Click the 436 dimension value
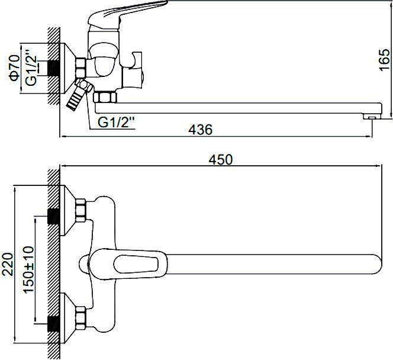coord(200,129)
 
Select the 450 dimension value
coord(221,160)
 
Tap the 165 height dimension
coord(385,60)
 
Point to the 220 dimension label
coord(8,264)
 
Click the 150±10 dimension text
coord(28,269)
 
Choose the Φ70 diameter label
coord(14,68)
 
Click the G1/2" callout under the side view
coord(116,123)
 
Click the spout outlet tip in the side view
coord(372,116)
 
